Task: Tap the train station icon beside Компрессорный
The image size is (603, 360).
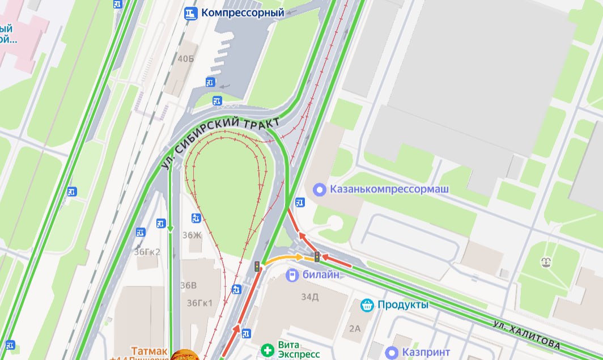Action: pos(191,12)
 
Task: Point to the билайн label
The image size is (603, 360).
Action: pos(321,275)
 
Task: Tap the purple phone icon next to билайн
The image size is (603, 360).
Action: pos(291,275)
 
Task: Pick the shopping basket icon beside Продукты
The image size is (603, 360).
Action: pos(368,305)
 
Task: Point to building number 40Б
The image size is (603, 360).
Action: pos(185,59)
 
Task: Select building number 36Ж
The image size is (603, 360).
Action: pos(192,235)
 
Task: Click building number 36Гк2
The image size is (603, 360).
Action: pos(147,252)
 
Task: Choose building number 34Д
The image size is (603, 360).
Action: pos(310,295)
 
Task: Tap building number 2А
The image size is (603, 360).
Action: pos(355,328)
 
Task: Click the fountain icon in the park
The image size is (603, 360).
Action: pos(546,262)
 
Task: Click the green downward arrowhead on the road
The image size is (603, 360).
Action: pos(170,229)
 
